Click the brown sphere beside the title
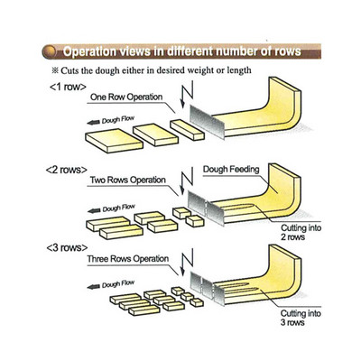pyautogui.click(x=50, y=51)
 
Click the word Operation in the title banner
pyautogui.click(x=88, y=51)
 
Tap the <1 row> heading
pyautogui.click(x=68, y=87)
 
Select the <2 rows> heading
pyautogui.click(x=67, y=170)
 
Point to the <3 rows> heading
pyautogui.click(x=67, y=247)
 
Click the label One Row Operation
pyautogui.click(x=126, y=97)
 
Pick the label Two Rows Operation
pyautogui.click(x=128, y=180)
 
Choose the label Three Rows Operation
pyautogui.click(x=128, y=259)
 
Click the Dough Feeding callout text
pyautogui.click(x=231, y=170)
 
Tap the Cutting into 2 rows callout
pyautogui.click(x=301, y=232)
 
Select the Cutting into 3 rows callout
pyautogui.click(x=301, y=318)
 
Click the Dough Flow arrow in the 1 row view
pyautogui.click(x=93, y=122)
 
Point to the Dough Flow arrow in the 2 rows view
pyautogui.click(x=94, y=210)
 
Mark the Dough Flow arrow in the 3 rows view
pyautogui.click(x=93, y=287)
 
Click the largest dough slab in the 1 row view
pyautogui.click(x=114, y=141)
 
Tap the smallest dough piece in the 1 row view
pyautogui.click(x=187, y=130)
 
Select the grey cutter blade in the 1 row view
pyautogui.click(x=207, y=122)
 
